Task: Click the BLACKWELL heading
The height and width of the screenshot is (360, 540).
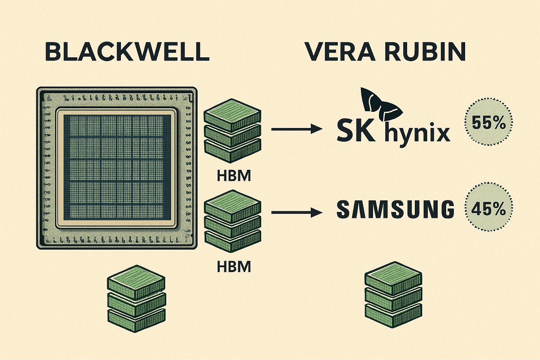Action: coord(127,52)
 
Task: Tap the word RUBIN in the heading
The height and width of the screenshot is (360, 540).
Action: coord(427,52)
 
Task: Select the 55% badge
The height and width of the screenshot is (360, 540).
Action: coord(489,124)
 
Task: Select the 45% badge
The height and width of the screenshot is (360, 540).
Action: coord(489,210)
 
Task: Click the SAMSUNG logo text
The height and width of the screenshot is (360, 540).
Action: coord(395,210)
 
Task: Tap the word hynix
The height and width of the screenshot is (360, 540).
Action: coord(418,134)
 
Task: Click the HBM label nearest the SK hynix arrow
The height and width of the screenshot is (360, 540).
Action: coord(234,175)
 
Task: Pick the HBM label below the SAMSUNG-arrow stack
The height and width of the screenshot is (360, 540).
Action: coord(234,267)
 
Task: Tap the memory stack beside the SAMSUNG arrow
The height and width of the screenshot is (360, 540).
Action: coord(233,221)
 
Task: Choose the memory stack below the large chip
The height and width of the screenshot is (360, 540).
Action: coord(136,299)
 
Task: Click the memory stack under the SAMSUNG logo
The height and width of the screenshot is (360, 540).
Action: coord(394,295)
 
